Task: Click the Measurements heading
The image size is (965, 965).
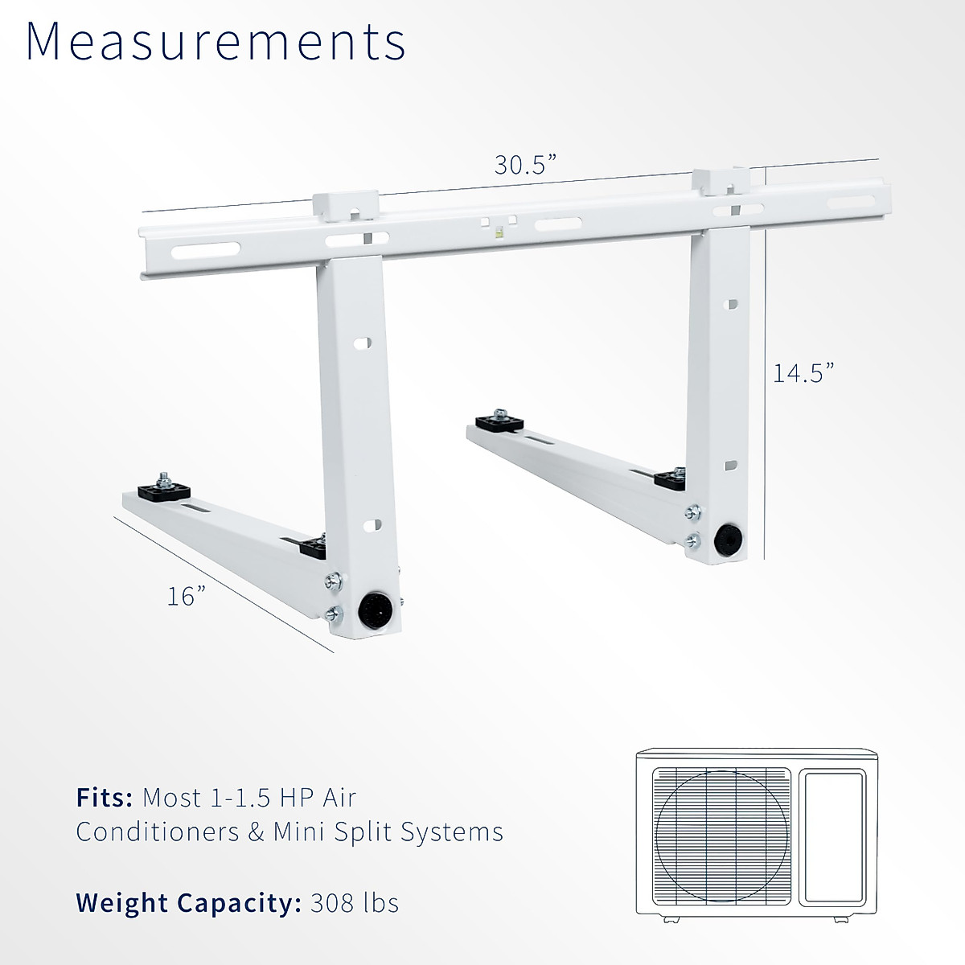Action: coord(216,42)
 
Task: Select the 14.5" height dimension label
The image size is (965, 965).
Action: coord(803,372)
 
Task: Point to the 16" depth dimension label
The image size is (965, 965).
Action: coord(187,596)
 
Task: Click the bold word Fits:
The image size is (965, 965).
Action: coord(105,798)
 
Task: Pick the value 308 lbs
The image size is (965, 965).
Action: coord(354,902)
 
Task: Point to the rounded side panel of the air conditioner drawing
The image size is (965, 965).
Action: coord(836,836)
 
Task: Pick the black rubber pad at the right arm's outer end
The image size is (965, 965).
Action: coord(499,422)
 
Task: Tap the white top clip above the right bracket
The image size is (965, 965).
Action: coord(720,182)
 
